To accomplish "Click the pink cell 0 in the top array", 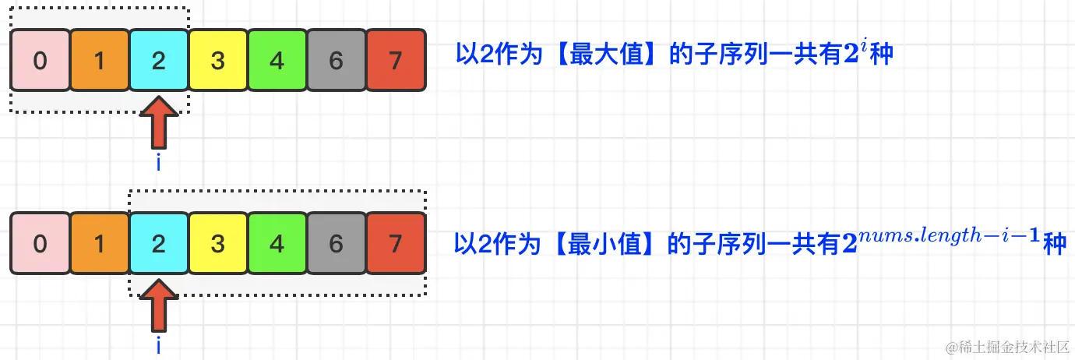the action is pyautogui.click(x=40, y=61).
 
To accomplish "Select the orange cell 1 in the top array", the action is pyautogui.click(x=99, y=61).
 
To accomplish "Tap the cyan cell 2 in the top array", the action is pyautogui.click(x=159, y=61).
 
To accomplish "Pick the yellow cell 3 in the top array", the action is pyautogui.click(x=218, y=61).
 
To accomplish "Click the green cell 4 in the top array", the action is pyautogui.click(x=277, y=61).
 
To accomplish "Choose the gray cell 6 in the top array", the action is pyautogui.click(x=337, y=61).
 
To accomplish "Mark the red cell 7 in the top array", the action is pyautogui.click(x=396, y=61).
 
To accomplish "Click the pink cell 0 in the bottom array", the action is pyautogui.click(x=40, y=244).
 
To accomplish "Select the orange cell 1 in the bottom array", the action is pyautogui.click(x=99, y=244).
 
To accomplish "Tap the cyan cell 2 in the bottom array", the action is pyautogui.click(x=159, y=244).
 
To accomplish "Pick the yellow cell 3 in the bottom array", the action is pyautogui.click(x=218, y=244).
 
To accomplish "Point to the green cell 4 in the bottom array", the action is pyautogui.click(x=277, y=244).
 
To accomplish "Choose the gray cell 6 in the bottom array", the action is pyautogui.click(x=337, y=244).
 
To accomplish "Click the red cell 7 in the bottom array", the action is pyautogui.click(x=396, y=244).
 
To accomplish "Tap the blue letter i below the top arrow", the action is pyautogui.click(x=159, y=163).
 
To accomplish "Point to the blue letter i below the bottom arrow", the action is pyautogui.click(x=159, y=346).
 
